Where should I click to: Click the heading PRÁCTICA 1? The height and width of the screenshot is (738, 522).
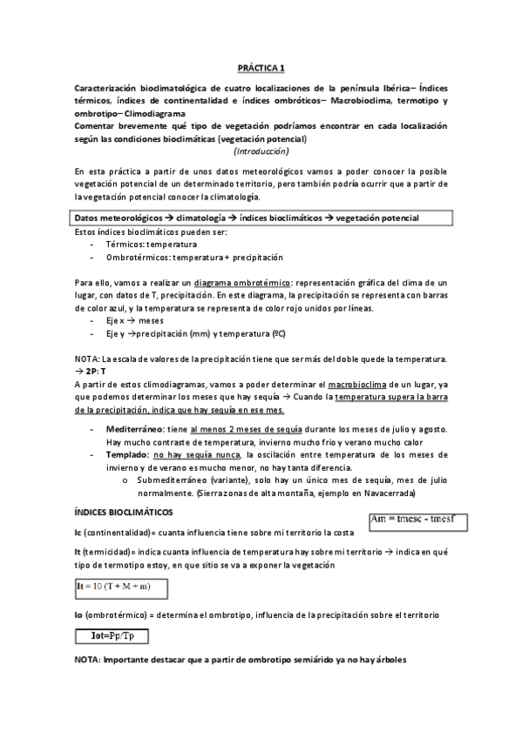point(261,67)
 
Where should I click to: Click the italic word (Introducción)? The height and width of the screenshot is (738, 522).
point(260,151)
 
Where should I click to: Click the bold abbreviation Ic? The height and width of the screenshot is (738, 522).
point(79,533)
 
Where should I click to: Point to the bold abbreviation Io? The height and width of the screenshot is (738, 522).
point(79,615)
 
